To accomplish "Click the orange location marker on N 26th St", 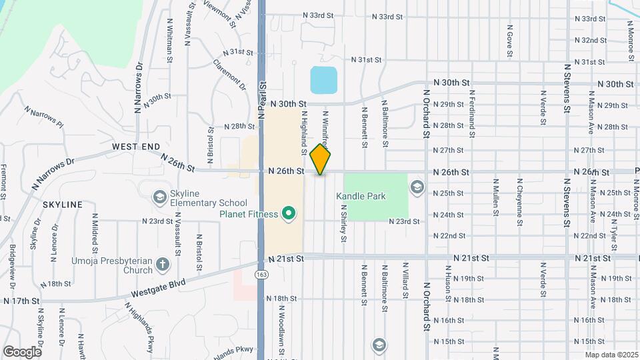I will click(x=321, y=159).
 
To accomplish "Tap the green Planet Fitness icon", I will click(x=289, y=213).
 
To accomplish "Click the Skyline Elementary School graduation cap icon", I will click(x=159, y=197).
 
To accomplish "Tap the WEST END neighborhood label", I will click(x=136, y=146).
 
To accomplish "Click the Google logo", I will click(x=22, y=351).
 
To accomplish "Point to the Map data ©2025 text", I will click(x=611, y=355).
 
